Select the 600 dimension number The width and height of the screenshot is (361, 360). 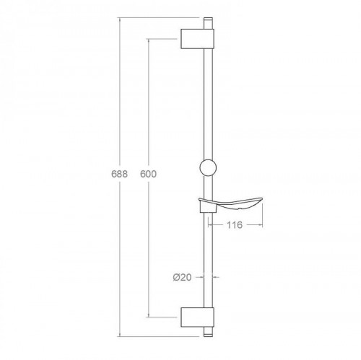tap(147, 175)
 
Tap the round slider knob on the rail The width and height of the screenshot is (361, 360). tap(207, 170)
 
